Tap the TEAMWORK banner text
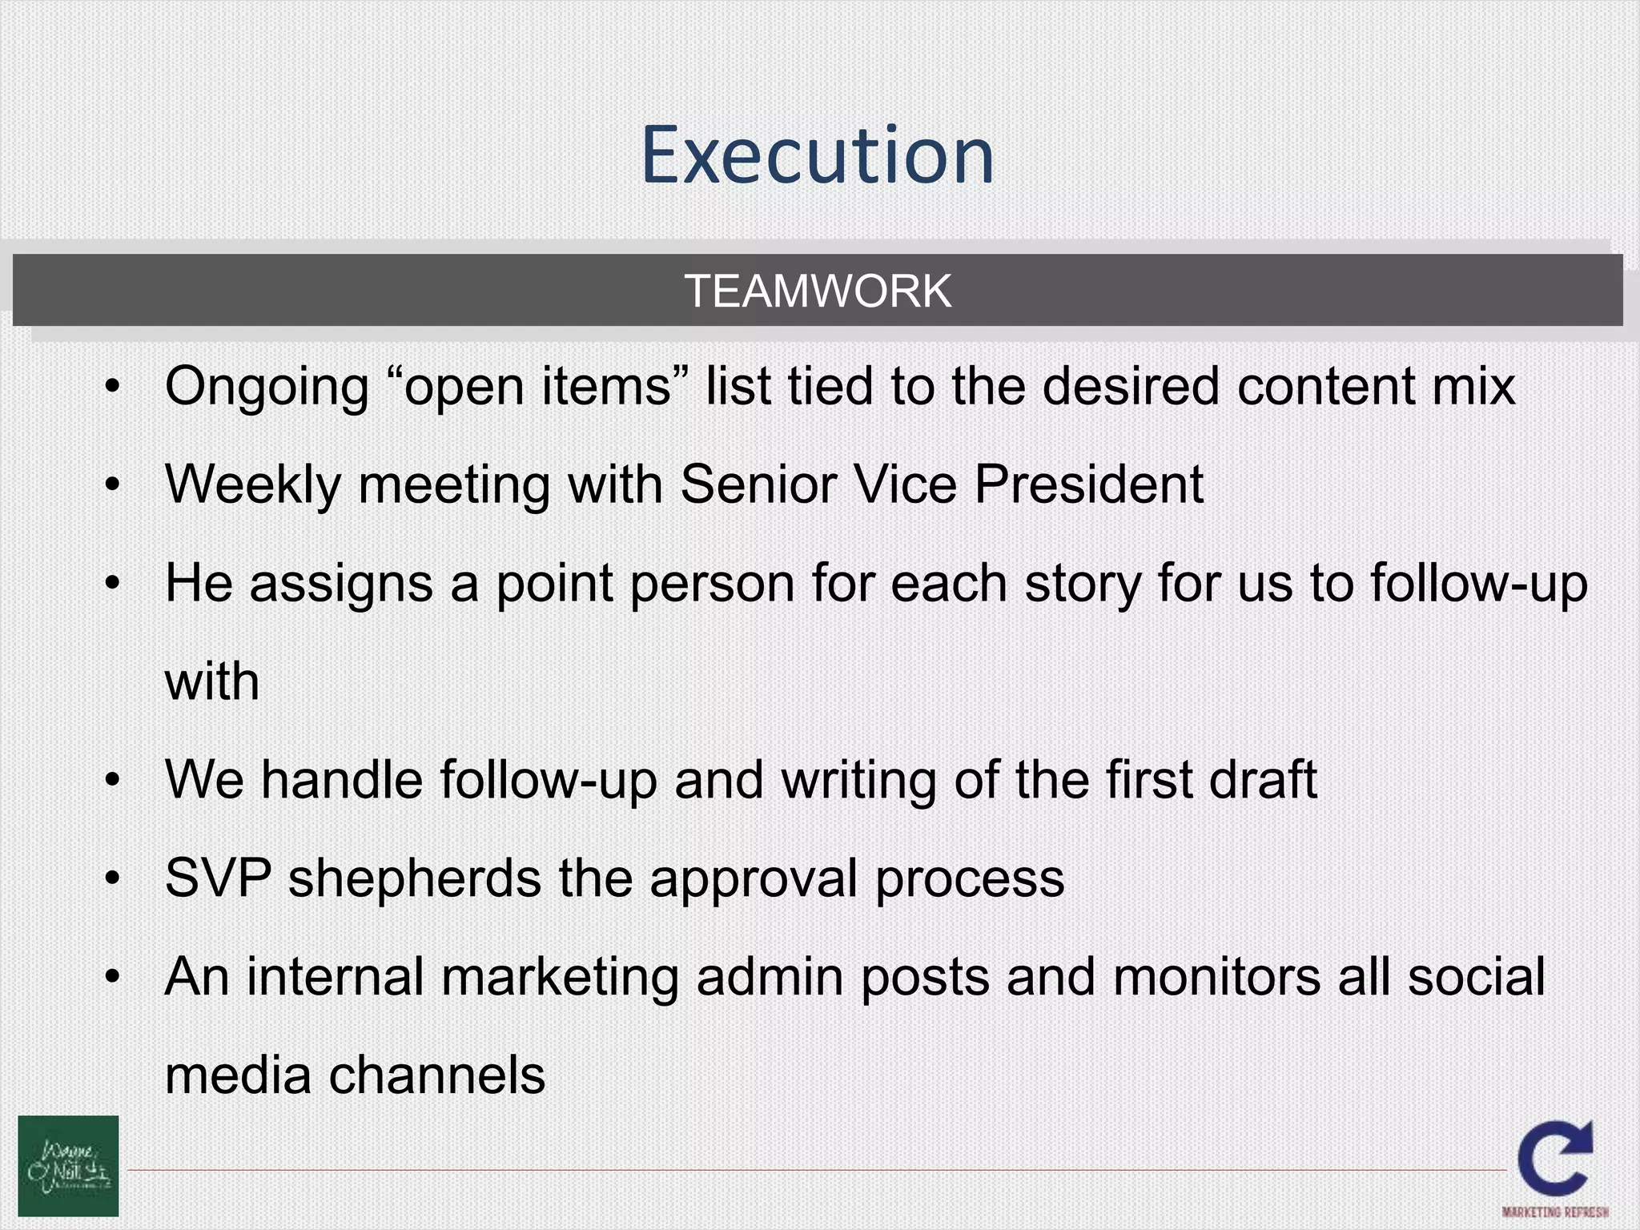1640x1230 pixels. coord(818,291)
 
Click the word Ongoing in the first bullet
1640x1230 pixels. coord(267,388)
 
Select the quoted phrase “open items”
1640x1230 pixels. coord(537,387)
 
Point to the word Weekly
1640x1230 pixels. coord(252,485)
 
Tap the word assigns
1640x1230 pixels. coord(341,585)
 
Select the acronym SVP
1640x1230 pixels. coord(218,878)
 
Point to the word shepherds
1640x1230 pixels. coord(414,879)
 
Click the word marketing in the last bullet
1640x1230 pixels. coord(559,978)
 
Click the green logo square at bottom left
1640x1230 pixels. coord(68,1166)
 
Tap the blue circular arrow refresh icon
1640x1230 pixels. coord(1554,1158)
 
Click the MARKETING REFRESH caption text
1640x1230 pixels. coord(1555,1212)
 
